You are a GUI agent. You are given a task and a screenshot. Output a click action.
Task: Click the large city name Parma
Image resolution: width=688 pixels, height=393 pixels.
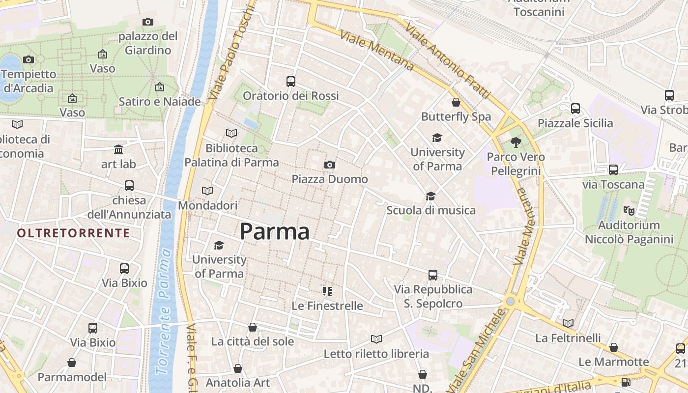tap(275, 231)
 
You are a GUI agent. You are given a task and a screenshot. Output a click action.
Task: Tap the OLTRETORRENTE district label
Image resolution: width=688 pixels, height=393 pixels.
tap(74, 233)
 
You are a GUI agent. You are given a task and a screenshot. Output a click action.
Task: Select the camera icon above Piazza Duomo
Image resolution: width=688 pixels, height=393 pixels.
tap(330, 165)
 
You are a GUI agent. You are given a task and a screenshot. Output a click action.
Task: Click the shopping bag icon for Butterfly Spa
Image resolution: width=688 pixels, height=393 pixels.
tap(456, 102)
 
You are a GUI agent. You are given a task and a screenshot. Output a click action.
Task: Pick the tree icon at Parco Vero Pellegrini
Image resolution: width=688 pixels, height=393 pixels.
tap(516, 142)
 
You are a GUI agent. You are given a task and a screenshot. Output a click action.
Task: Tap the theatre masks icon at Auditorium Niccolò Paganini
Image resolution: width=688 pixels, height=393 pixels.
tap(629, 210)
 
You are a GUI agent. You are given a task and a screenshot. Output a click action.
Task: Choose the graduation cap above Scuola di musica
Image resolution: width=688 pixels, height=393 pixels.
tap(430, 196)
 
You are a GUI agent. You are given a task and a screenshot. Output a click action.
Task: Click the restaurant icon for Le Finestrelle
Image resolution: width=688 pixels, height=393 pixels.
tap(327, 291)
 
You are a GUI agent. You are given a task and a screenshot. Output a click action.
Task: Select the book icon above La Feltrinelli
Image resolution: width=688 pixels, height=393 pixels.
tap(568, 323)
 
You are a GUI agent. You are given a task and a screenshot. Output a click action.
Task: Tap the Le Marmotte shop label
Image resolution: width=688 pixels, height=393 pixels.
tap(613, 362)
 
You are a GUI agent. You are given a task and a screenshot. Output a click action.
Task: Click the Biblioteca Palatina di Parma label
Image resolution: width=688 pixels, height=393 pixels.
tap(231, 155)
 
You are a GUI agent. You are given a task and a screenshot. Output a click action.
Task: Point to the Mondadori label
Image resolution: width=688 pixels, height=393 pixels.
tap(207, 205)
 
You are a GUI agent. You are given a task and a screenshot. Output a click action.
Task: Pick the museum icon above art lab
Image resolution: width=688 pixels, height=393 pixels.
tap(118, 149)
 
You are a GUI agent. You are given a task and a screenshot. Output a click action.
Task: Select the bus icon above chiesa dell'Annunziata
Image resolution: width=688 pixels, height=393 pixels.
tap(129, 186)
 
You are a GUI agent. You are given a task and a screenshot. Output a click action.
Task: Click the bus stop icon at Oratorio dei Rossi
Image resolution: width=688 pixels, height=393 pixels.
tap(291, 81)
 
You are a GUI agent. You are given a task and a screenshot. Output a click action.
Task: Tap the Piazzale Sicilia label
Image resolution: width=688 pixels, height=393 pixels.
tap(575, 123)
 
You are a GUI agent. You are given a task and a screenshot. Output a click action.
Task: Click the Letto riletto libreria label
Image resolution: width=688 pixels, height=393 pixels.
tap(376, 354)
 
